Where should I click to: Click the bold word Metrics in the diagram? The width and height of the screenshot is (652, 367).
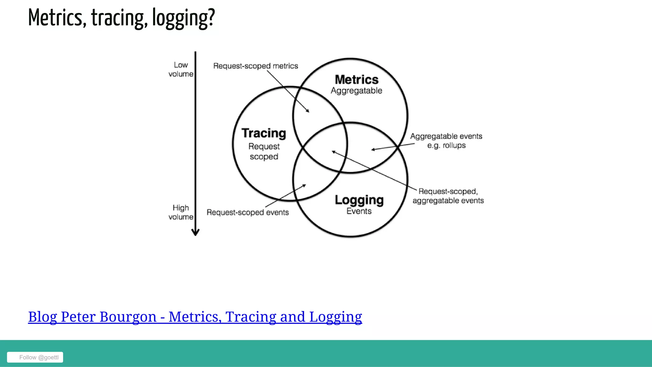(x=357, y=80)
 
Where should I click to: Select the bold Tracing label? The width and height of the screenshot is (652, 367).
(x=264, y=133)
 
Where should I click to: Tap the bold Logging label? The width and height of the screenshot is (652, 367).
(x=359, y=200)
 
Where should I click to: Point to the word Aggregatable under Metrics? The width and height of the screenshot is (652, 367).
(x=356, y=91)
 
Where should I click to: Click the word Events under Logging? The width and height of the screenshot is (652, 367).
(x=359, y=211)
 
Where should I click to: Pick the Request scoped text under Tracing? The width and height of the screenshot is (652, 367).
(x=264, y=151)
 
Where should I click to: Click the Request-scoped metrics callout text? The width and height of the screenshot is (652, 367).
(x=256, y=66)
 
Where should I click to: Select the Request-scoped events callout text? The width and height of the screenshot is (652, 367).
(x=248, y=212)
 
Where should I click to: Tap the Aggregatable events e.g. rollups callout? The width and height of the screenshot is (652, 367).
(x=446, y=141)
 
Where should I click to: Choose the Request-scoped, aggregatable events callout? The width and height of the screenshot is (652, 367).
(x=448, y=196)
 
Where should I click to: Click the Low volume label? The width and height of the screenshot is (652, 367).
(x=181, y=69)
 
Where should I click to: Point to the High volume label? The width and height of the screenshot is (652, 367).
(x=181, y=212)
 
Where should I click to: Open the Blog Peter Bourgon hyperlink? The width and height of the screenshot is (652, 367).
(x=195, y=317)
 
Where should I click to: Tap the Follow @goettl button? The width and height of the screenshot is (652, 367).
(x=35, y=357)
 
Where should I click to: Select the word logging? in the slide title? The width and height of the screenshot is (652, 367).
(x=184, y=18)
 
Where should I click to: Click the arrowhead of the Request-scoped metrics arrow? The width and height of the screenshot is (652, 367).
(x=308, y=111)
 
